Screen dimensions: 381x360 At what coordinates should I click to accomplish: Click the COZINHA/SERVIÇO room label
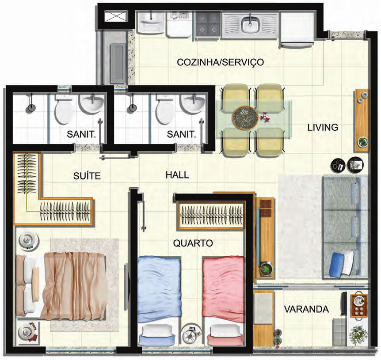pos(220,62)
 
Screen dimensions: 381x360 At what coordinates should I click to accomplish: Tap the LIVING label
pos(323,127)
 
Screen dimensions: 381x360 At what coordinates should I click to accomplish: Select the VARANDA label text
pos(306,309)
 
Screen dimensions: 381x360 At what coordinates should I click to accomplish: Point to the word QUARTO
pos(193,243)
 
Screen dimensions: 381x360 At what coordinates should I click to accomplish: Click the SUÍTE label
pos(87,176)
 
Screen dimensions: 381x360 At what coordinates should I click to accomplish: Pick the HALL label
pos(177,175)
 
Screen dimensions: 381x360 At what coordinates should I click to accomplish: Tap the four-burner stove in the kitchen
pos(208,25)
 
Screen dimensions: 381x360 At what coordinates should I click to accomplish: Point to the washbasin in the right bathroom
pos(194,104)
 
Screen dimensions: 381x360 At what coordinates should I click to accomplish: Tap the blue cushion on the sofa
pos(336,264)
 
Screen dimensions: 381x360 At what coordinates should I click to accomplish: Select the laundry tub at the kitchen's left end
pos(151,23)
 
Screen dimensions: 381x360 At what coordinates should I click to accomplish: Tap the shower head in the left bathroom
pos(30,108)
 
